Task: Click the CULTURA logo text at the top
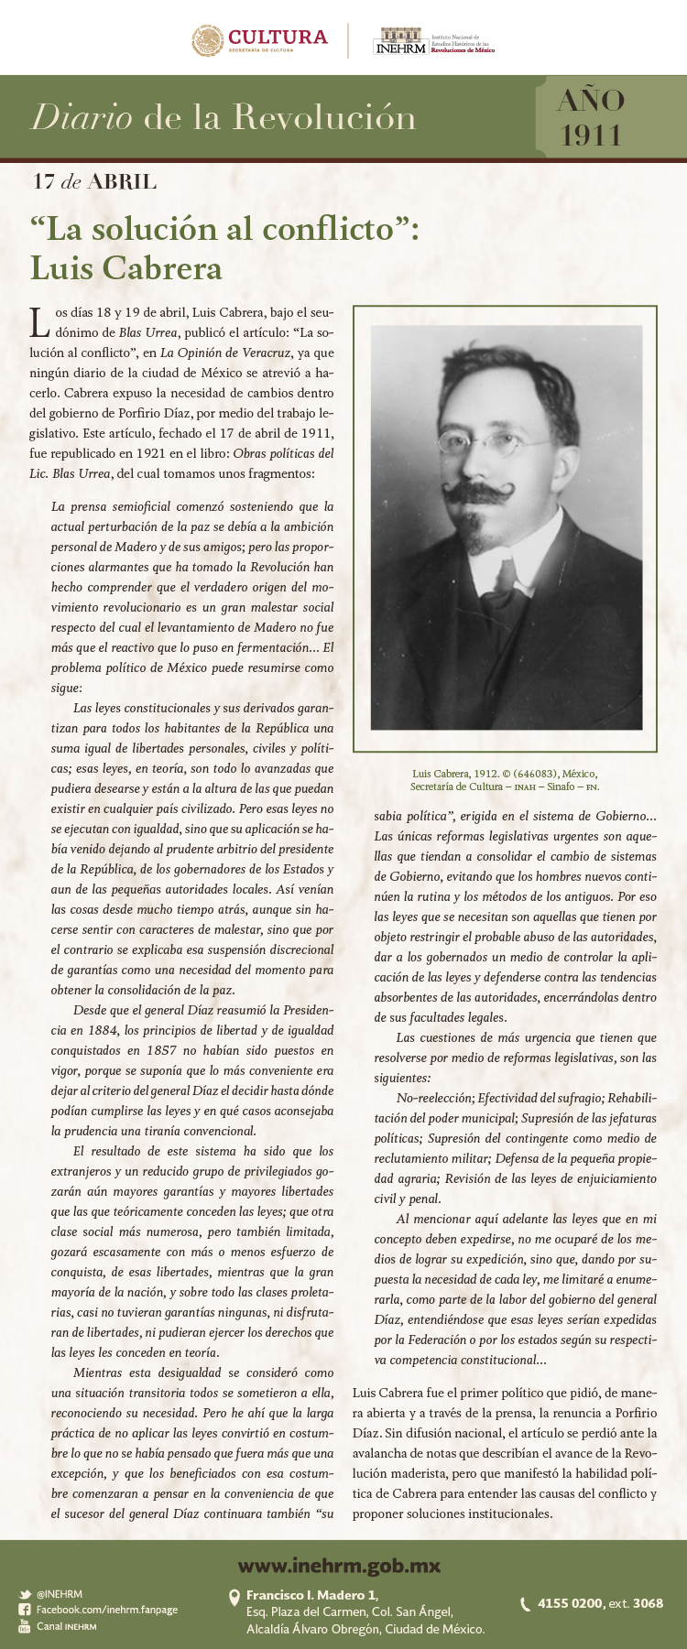(x=278, y=37)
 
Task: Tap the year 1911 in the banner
(x=591, y=136)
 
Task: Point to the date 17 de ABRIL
(x=94, y=181)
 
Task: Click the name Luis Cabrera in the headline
(x=126, y=267)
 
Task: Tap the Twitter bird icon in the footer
(x=25, y=1594)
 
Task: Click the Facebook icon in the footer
(x=25, y=1610)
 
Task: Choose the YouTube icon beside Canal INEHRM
(x=25, y=1626)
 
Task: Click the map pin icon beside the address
(x=234, y=1598)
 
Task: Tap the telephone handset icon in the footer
(x=525, y=1603)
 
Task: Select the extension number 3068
(x=648, y=1603)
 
